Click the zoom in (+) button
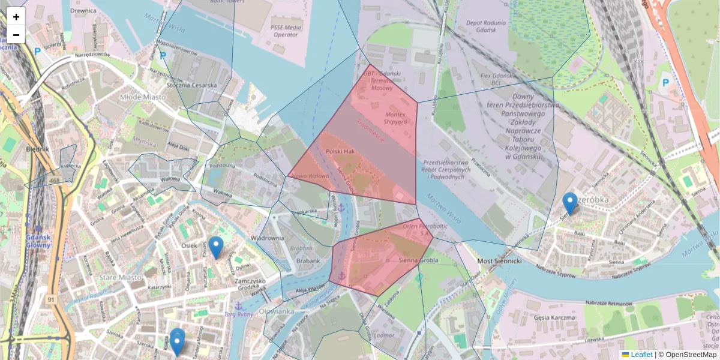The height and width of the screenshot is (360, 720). pyautogui.click(x=16, y=17)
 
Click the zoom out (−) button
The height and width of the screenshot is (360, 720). pyautogui.click(x=16, y=35)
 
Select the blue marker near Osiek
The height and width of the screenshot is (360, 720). pyautogui.click(x=216, y=247)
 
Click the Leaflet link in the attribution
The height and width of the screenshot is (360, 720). pyautogui.click(x=641, y=355)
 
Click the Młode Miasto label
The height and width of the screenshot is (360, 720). pyautogui.click(x=143, y=97)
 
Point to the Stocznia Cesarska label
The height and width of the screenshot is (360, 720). pyautogui.click(x=192, y=85)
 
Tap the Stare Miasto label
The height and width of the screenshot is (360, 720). pyautogui.click(x=122, y=277)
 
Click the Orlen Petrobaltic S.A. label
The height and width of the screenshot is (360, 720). pyautogui.click(x=425, y=230)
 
